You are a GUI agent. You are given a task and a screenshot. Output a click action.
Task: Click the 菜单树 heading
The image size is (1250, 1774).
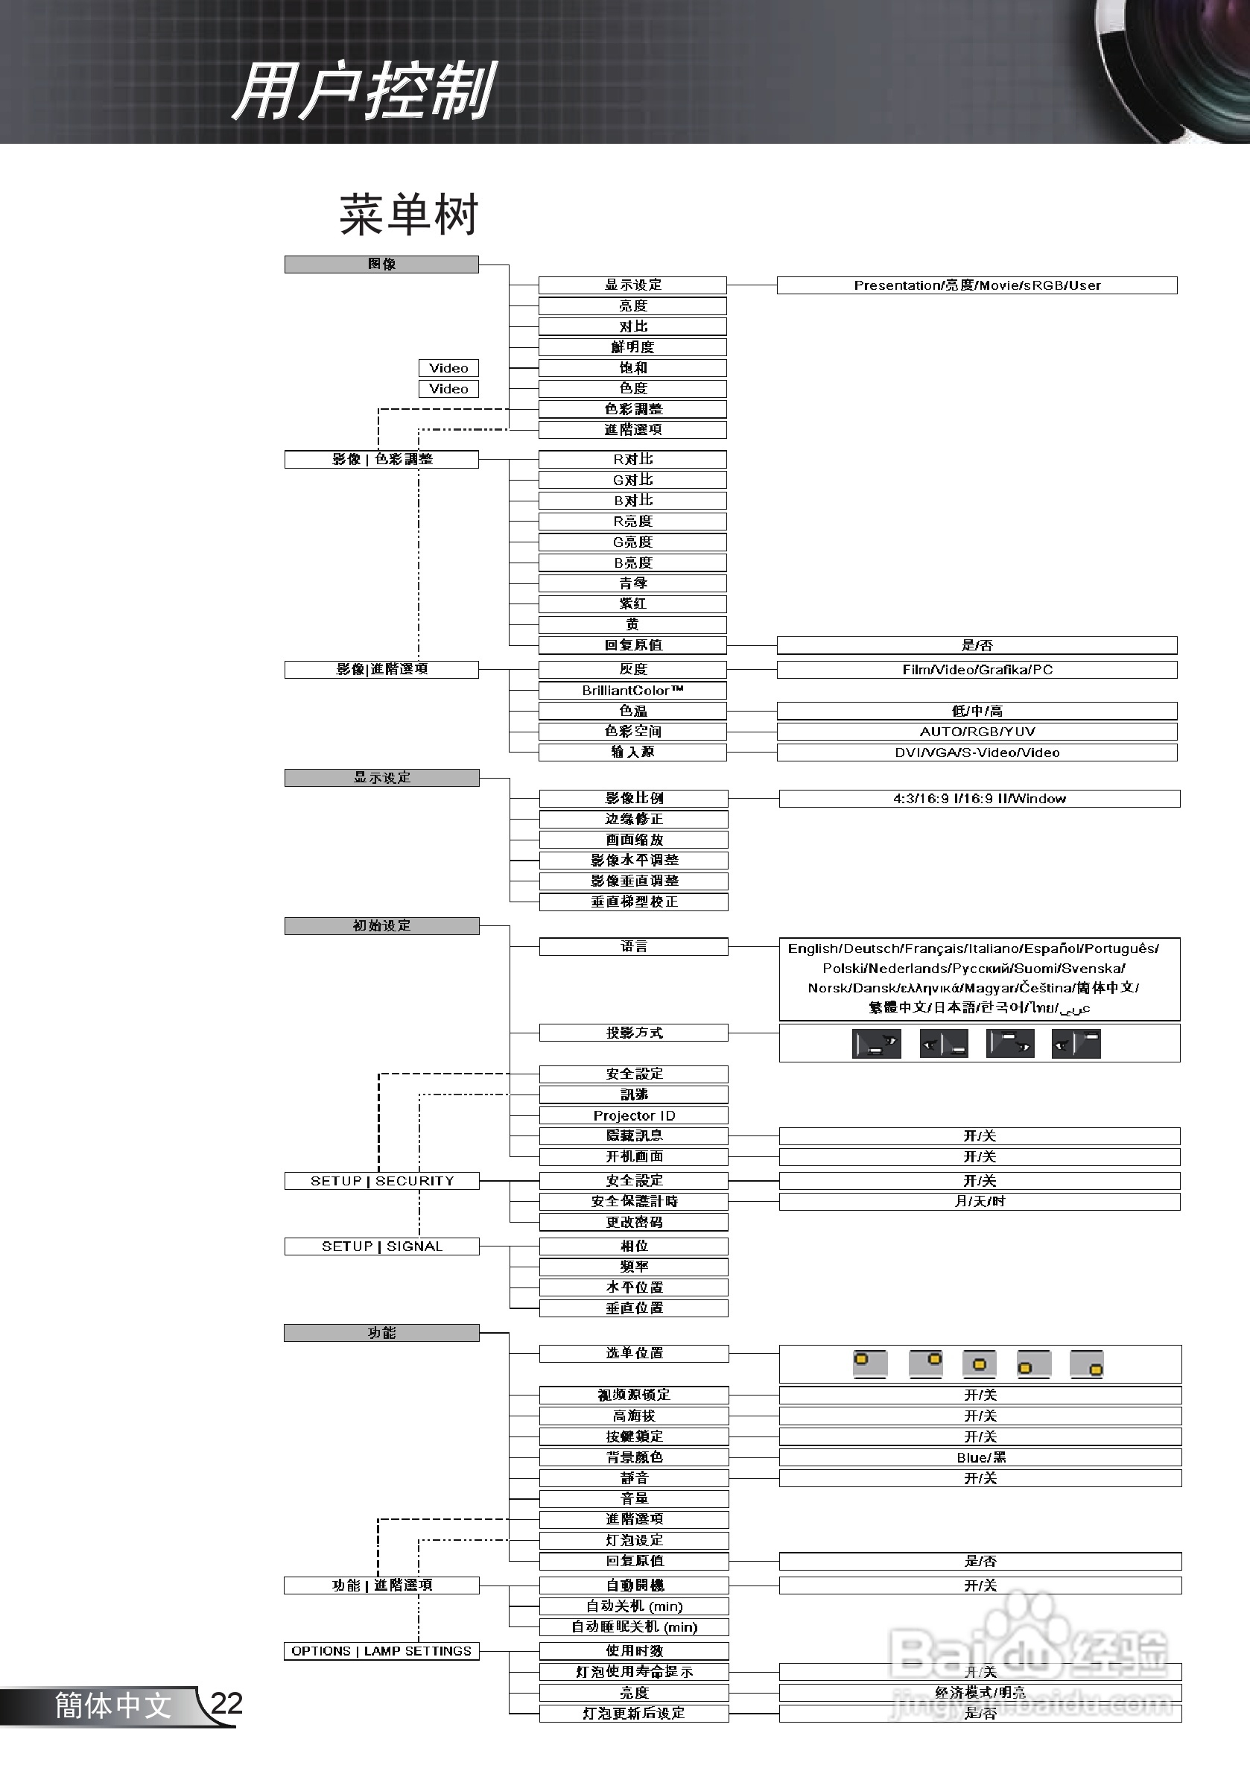click(x=409, y=215)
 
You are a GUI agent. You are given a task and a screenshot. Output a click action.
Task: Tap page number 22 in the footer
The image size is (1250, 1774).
click(x=226, y=1704)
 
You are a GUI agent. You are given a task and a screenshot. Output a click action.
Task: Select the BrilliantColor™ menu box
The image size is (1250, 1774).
click(x=632, y=690)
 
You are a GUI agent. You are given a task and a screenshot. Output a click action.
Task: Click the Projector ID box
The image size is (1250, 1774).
click(x=633, y=1115)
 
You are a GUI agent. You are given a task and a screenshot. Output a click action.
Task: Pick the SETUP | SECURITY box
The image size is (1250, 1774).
click(x=381, y=1181)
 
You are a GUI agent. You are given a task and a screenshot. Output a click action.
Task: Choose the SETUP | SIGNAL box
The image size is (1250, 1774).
click(x=381, y=1246)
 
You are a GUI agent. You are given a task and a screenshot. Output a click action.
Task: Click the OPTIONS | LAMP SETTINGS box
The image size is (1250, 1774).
click(x=381, y=1651)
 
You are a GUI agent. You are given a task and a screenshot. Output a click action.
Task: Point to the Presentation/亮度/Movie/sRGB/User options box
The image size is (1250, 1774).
click(x=977, y=285)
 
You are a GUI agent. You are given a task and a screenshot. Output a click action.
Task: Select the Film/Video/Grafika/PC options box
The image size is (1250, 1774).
click(x=977, y=669)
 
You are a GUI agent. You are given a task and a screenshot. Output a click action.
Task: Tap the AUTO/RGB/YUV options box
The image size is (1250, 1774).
click(x=977, y=731)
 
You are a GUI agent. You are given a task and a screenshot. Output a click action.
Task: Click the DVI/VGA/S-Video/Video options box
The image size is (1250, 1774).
click(x=977, y=752)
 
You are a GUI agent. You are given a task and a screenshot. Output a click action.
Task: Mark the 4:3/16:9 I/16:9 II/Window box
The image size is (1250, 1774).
click(x=979, y=798)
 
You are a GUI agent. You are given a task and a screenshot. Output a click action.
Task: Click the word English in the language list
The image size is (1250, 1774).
click(x=813, y=948)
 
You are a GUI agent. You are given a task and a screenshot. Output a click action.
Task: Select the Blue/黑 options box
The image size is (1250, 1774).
click(x=980, y=1457)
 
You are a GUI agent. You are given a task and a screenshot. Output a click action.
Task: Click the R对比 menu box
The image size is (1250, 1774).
click(x=632, y=459)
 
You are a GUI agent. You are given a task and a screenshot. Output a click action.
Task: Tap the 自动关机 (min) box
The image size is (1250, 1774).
click(x=633, y=1606)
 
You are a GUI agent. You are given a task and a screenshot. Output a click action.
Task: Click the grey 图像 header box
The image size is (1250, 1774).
click(x=381, y=264)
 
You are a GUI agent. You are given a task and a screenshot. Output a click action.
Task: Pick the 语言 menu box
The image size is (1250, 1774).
click(x=633, y=946)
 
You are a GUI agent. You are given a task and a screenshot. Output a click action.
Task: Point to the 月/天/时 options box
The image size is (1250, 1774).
click(x=979, y=1202)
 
